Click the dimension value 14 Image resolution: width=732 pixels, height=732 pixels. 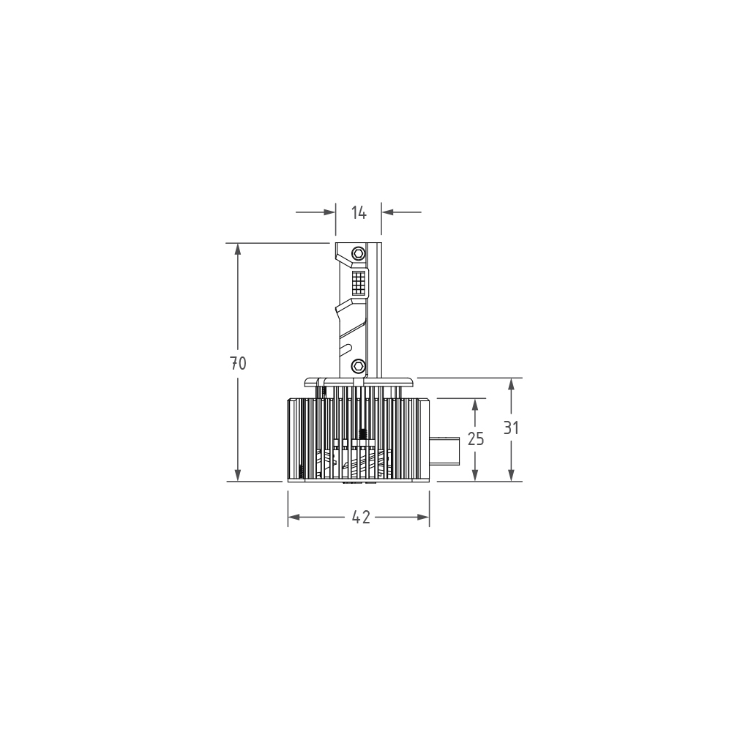tap(359, 212)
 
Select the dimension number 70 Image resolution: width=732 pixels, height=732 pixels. tap(238, 363)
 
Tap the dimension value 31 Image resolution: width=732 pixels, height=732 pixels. tap(511, 428)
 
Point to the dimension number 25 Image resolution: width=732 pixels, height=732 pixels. tap(476, 439)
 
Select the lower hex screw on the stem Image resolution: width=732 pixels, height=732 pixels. tap(358, 365)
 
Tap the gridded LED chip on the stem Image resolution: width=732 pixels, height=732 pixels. tap(359, 282)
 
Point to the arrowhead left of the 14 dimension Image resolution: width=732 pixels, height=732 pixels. tap(329, 212)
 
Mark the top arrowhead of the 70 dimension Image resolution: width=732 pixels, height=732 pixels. tap(238, 249)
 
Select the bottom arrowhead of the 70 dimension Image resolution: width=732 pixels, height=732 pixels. tap(238, 475)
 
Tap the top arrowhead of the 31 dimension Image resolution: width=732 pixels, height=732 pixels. tap(511, 384)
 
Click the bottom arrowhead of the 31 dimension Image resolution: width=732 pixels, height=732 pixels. tap(511, 475)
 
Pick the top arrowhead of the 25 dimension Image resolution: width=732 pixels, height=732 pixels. tap(476, 405)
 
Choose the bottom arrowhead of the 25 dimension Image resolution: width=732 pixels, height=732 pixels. tap(476, 475)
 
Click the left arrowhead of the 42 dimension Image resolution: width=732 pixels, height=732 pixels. tap(294, 518)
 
